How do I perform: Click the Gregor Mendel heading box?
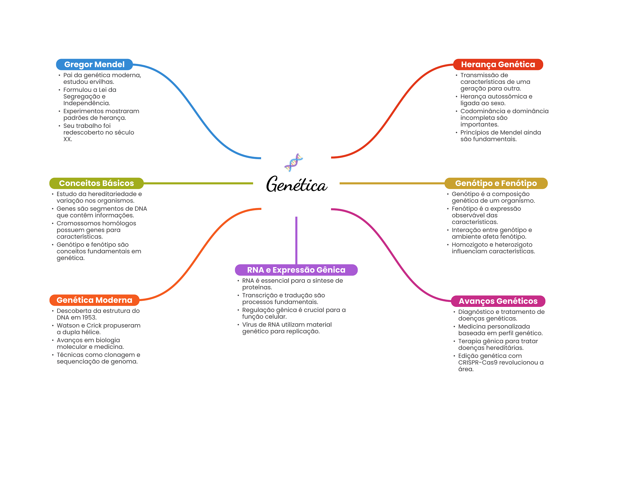click(94, 65)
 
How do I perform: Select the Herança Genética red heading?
click(498, 65)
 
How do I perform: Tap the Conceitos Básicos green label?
click(96, 183)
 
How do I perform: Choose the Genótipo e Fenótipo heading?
click(496, 183)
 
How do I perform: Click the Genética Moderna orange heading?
click(94, 300)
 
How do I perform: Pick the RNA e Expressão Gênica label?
click(296, 270)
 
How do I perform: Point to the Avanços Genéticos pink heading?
click(498, 301)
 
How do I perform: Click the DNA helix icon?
click(293, 162)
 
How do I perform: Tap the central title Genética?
click(296, 184)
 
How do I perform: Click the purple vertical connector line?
click(296, 240)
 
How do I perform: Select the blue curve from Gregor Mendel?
click(197, 111)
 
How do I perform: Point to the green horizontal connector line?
click(198, 183)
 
